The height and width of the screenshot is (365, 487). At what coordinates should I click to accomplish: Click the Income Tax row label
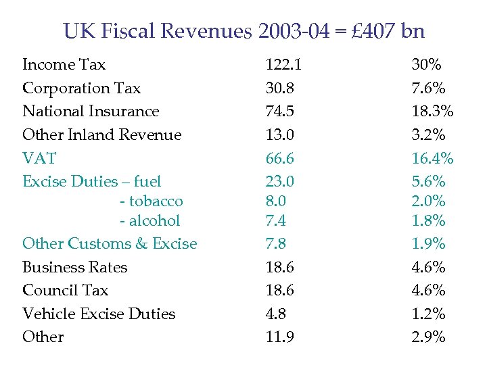pyautogui.click(x=64, y=65)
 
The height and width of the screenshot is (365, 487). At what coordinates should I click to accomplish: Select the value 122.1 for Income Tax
pyautogui.click(x=283, y=65)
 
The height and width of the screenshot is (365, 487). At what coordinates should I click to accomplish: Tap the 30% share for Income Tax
pyautogui.click(x=427, y=65)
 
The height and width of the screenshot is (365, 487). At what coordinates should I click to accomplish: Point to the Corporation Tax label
pyautogui.click(x=81, y=88)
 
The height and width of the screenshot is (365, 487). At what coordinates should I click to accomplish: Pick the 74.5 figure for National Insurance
pyautogui.click(x=279, y=112)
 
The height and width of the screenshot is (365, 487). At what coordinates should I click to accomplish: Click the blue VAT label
pyautogui.click(x=39, y=158)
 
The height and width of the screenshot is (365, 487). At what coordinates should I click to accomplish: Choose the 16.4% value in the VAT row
pyautogui.click(x=433, y=158)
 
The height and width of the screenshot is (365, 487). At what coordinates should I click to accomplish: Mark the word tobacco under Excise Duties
pyautogui.click(x=156, y=201)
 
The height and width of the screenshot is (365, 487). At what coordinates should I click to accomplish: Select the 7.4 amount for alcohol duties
pyautogui.click(x=276, y=220)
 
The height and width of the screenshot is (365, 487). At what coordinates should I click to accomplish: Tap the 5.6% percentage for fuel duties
pyautogui.click(x=429, y=181)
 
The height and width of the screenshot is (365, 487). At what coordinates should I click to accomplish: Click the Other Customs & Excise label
pyautogui.click(x=110, y=243)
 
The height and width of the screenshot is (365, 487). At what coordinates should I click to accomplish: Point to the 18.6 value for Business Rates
pyautogui.click(x=279, y=267)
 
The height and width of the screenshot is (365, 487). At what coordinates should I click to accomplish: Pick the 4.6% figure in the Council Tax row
pyautogui.click(x=429, y=290)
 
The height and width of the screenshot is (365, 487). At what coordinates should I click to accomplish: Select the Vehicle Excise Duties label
pyautogui.click(x=99, y=314)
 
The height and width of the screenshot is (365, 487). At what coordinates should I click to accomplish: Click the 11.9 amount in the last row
pyautogui.click(x=279, y=337)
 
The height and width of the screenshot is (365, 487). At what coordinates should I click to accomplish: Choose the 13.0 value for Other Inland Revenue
pyautogui.click(x=279, y=135)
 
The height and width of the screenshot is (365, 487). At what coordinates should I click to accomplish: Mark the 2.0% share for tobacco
pyautogui.click(x=429, y=201)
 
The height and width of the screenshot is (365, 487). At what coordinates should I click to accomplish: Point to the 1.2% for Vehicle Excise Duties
pyautogui.click(x=429, y=314)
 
